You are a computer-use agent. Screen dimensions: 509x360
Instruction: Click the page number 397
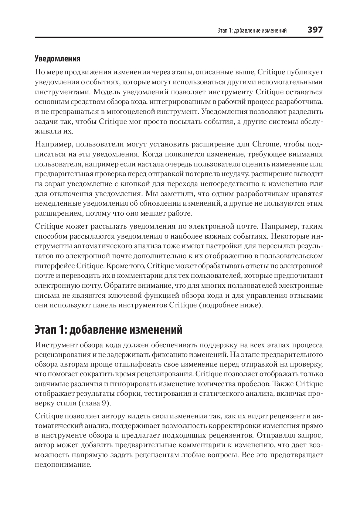click(315, 30)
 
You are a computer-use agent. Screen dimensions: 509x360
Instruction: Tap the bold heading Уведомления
click(57, 58)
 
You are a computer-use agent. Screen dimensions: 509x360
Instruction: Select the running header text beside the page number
click(252, 30)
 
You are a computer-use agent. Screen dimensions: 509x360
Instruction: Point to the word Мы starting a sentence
click(151, 193)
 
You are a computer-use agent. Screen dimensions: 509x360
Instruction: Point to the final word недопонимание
click(63, 465)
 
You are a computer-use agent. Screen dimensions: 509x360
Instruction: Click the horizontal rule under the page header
click(179, 37)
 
